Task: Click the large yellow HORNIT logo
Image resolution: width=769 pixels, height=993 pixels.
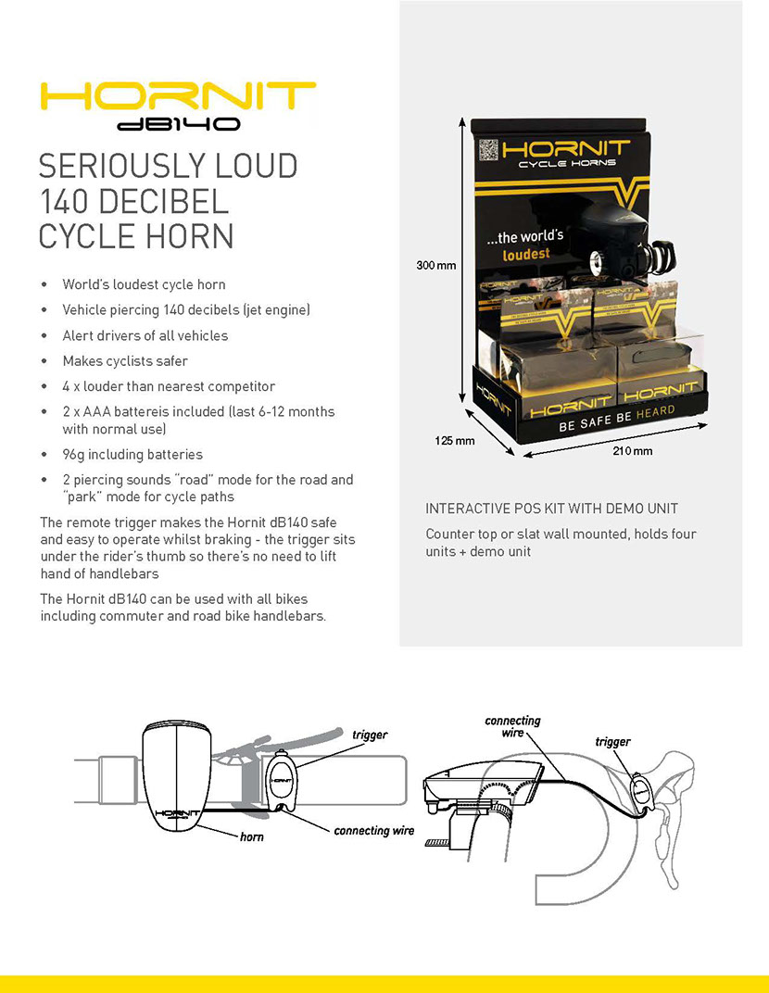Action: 177,96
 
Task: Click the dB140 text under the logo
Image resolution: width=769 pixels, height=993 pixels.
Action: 179,123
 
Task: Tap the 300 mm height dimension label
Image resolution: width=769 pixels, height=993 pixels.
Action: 435,265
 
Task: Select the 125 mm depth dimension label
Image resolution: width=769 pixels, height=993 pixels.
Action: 454,441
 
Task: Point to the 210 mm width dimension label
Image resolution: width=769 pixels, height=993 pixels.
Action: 632,451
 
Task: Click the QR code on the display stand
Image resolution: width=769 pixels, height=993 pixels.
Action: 488,149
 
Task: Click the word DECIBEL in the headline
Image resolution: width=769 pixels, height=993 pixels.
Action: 163,201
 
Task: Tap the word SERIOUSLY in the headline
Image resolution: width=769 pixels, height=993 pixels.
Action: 121,166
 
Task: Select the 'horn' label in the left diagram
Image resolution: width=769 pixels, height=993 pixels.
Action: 251,836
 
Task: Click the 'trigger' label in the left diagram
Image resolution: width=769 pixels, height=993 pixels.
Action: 370,735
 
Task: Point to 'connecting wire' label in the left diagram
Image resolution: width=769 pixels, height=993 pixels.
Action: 373,830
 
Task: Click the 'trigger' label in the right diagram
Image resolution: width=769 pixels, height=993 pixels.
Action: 612,742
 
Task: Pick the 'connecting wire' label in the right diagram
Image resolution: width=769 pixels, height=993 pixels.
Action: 512,726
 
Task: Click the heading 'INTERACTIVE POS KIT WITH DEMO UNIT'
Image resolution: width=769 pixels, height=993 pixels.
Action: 551,509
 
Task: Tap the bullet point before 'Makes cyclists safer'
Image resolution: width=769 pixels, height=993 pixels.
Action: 44,361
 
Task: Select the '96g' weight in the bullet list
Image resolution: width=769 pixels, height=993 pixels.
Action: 73,455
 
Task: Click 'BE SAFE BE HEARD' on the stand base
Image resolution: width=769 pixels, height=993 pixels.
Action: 616,419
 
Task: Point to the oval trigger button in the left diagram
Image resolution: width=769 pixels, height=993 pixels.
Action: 282,780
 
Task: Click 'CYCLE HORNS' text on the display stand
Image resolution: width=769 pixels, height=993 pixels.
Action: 567,163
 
